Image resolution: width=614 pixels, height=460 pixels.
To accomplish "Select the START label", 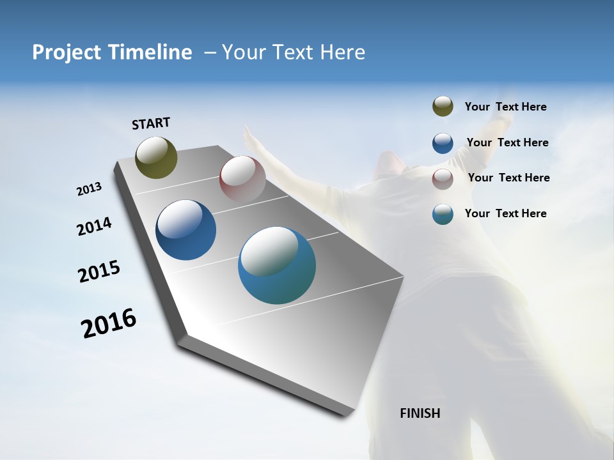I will coord(151,123).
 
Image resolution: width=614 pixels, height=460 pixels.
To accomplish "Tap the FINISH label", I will coord(420,413).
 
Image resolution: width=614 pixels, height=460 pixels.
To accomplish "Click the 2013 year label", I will coord(89,189).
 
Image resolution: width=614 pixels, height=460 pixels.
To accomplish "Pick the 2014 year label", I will coord(94,227).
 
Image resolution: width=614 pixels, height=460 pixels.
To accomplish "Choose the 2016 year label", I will coord(109,323).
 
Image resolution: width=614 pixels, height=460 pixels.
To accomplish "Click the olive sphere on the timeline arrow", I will coord(156,157).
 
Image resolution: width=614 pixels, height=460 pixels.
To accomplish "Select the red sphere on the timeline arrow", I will coord(242,179).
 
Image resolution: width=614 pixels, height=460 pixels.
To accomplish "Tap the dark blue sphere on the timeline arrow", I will coord(185,230).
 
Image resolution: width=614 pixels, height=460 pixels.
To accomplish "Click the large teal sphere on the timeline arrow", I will coord(277,265).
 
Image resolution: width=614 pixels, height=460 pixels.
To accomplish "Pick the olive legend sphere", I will coord(443,107).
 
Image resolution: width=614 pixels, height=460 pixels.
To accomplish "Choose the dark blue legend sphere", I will coord(443,143).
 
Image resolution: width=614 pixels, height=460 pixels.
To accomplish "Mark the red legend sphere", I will coord(443,179).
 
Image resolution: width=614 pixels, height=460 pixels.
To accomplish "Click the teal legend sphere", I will coord(443,214).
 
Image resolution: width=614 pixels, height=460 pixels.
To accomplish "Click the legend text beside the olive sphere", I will coord(505,107).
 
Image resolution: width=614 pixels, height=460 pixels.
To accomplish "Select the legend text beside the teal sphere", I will coord(505,213).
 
